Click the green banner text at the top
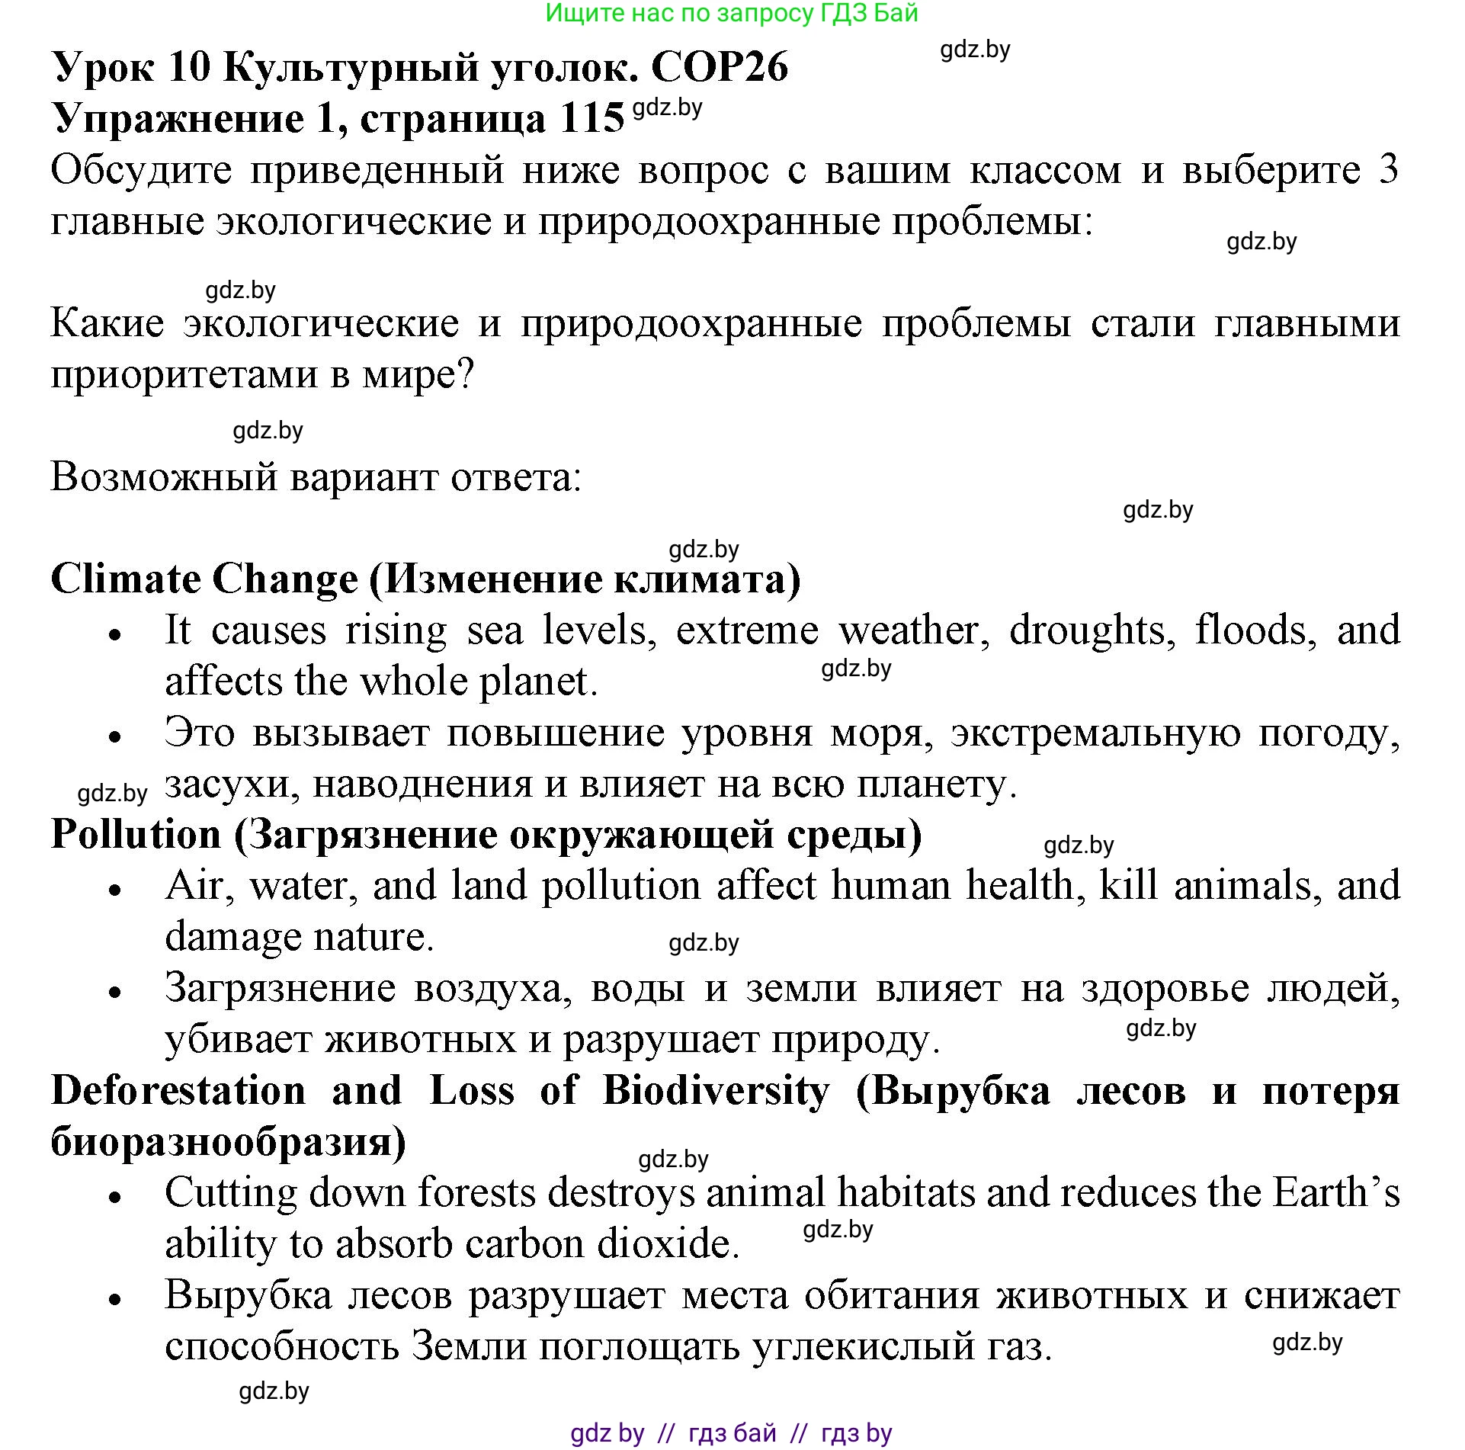[732, 13]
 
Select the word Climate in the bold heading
[129, 579]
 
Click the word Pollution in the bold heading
[136, 834]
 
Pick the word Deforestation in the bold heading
[178, 1090]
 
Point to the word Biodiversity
[716, 1090]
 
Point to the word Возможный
[163, 478]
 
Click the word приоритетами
[183, 374]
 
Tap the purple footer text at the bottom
[731, 1432]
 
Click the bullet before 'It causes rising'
[115, 634]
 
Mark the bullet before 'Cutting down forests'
[115, 1197]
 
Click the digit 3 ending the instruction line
[1389, 169]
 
